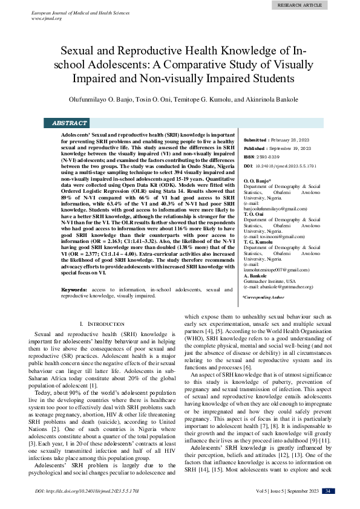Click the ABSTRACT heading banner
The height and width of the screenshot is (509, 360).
point(70,123)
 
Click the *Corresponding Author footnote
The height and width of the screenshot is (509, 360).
point(263,297)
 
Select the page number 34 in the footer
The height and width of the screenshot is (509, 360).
point(327,490)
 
